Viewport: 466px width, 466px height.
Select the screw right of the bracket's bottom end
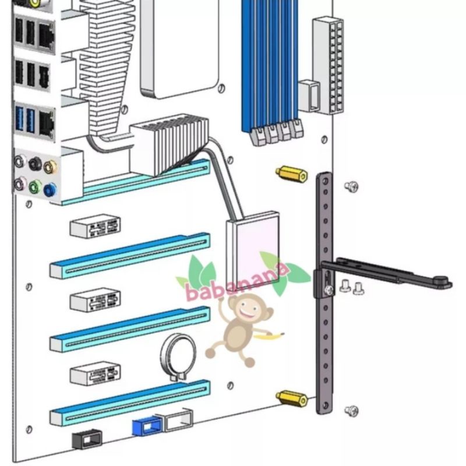(x=351, y=410)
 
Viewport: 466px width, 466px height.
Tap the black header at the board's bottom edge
(x=87, y=438)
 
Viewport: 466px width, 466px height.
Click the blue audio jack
(x=51, y=188)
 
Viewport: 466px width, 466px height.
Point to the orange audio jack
(x=51, y=167)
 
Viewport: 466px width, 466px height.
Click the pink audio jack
(x=20, y=185)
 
